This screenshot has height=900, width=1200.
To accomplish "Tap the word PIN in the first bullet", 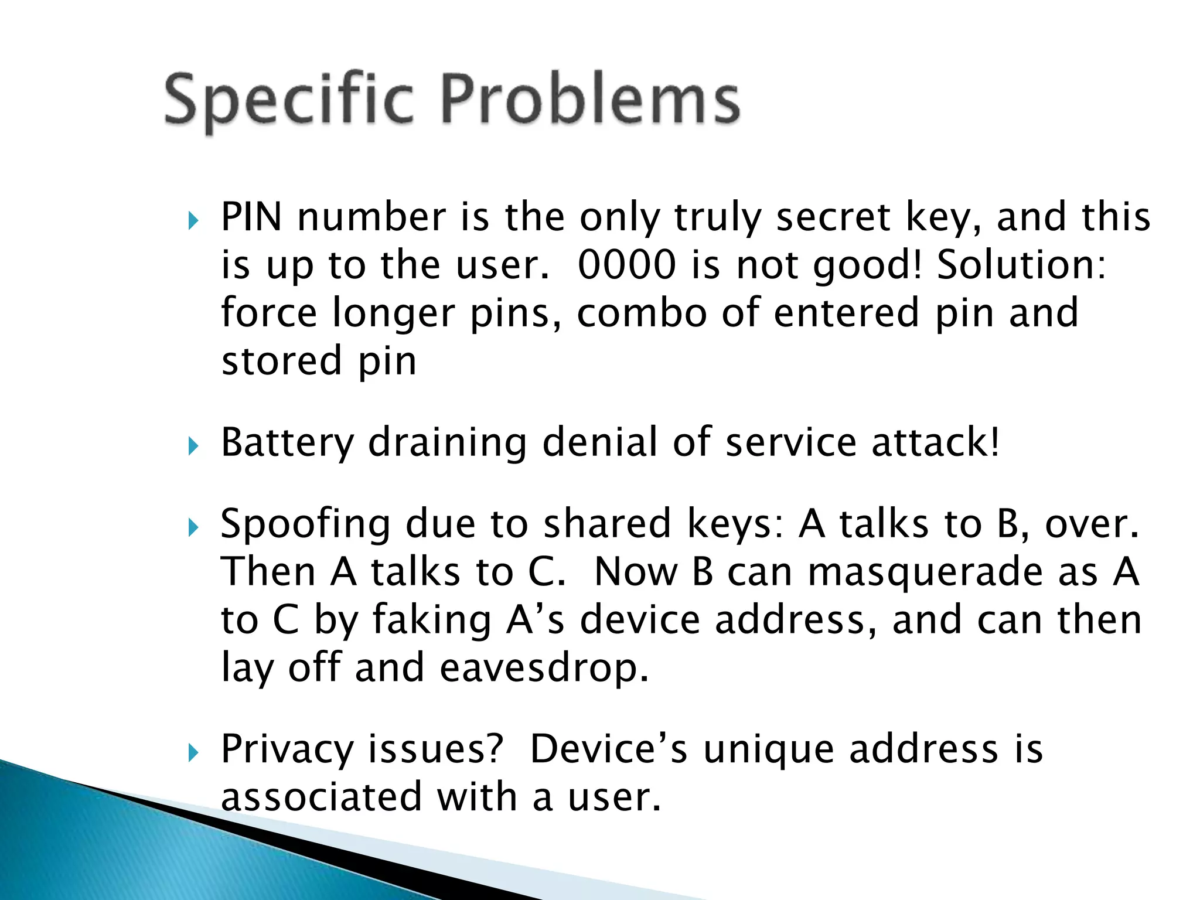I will [x=251, y=217].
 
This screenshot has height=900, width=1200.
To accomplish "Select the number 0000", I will [x=626, y=265].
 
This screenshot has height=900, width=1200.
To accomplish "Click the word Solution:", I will [x=1021, y=265].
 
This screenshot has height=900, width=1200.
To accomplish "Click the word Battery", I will [x=287, y=443].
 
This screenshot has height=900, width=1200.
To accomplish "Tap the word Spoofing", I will [x=305, y=524].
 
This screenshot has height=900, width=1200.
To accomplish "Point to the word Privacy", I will [x=287, y=750].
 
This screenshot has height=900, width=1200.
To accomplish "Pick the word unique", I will [x=768, y=750].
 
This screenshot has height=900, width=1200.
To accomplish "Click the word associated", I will [x=322, y=797].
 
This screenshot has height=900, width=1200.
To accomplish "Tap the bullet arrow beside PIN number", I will [x=194, y=221].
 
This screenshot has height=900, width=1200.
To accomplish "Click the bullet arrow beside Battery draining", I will [x=194, y=448].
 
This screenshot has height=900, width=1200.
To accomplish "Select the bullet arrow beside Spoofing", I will [x=194, y=529].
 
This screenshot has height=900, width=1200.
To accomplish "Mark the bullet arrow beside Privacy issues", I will [x=194, y=754].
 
